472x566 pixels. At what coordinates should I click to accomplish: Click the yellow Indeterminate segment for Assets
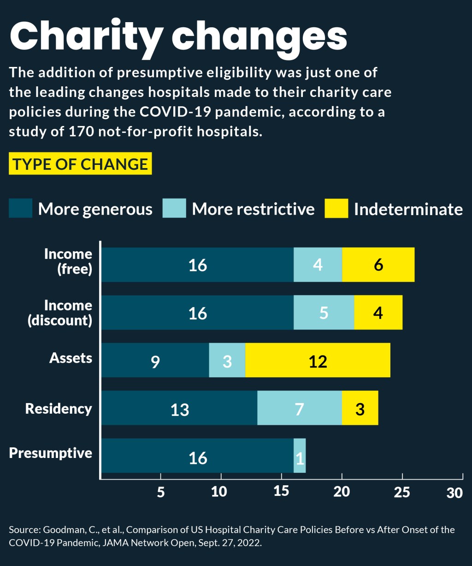pos(318,360)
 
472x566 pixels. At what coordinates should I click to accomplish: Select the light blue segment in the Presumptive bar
pos(300,456)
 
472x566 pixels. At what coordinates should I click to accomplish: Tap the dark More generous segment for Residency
pos(179,408)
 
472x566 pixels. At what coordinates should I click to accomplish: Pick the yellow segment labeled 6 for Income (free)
pos(378,265)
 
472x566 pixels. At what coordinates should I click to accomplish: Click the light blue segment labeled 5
pos(324,313)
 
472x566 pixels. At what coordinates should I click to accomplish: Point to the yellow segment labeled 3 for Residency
pos(360,408)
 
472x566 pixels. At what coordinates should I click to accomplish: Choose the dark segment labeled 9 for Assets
pos(155,360)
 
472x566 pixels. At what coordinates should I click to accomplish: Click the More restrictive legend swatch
pos(174,208)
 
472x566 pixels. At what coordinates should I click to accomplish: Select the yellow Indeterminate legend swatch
pos(336,208)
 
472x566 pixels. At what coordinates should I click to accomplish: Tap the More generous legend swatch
pos(21,208)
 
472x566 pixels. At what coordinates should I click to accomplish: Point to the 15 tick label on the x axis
pos(282,492)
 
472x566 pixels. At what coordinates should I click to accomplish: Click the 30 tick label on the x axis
pos(454,493)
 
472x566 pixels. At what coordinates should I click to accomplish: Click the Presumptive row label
pos(51,453)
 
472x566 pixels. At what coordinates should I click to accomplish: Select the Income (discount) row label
pos(60,313)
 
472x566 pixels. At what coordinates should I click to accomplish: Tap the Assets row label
pos(71,358)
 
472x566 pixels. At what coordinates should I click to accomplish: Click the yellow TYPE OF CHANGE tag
pos(80,164)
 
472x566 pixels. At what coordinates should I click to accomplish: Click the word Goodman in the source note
pos(62,530)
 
